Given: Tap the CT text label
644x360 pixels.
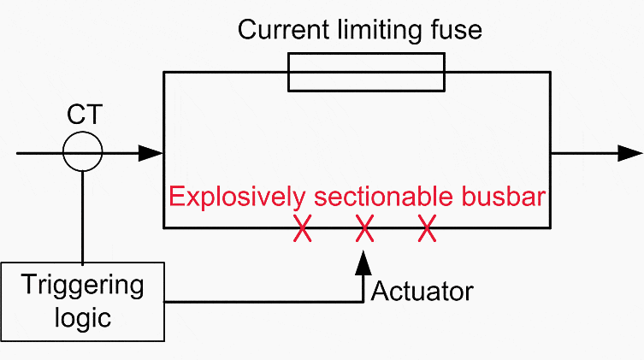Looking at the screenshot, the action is [85, 115].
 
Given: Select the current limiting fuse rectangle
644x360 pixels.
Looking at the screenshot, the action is [366, 53].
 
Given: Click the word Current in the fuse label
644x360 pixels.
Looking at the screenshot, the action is [283, 30].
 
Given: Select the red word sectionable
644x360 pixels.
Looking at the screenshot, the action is [384, 196].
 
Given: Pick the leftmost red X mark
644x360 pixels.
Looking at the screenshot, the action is [302, 228].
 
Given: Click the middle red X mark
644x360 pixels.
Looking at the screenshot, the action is [364, 228].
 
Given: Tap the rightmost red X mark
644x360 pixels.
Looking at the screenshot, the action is [427, 228].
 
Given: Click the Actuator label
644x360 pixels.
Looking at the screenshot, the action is [422, 292].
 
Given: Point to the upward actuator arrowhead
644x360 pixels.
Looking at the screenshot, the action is [363, 263].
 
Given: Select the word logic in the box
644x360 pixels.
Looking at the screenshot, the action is [83, 318].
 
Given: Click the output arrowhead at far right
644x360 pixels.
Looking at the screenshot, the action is [630, 153].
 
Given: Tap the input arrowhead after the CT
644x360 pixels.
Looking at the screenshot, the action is [151, 153].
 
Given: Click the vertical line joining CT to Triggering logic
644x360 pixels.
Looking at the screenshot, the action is [83, 216].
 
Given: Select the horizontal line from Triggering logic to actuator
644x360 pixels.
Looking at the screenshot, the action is [263, 302].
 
